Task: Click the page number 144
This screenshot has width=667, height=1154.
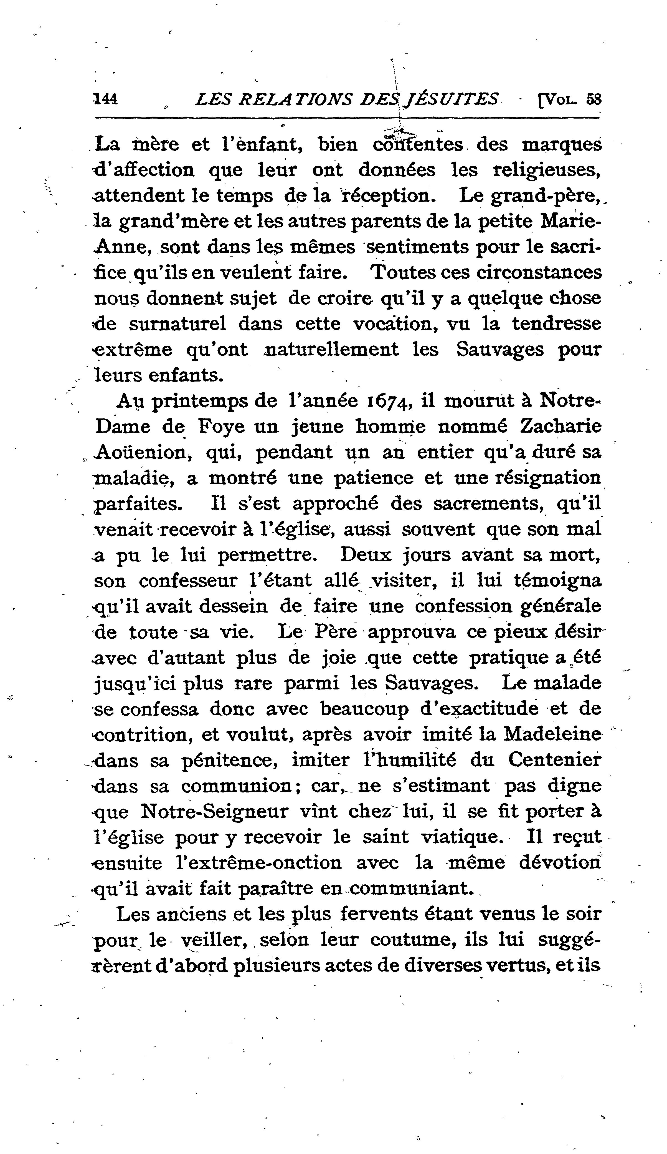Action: coord(106,99)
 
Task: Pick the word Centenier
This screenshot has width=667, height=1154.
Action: coord(554,760)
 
